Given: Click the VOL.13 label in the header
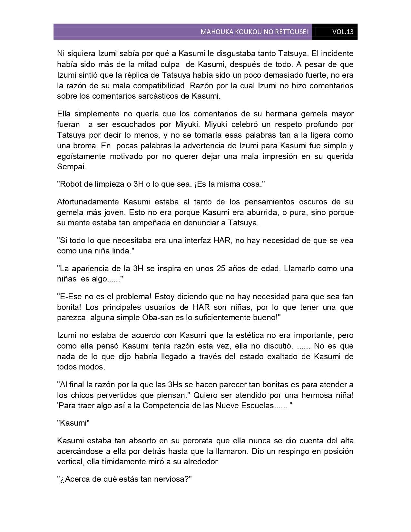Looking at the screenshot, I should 343,32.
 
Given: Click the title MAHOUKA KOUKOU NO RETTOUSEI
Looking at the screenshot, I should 254,32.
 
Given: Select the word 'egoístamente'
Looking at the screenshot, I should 81,156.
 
